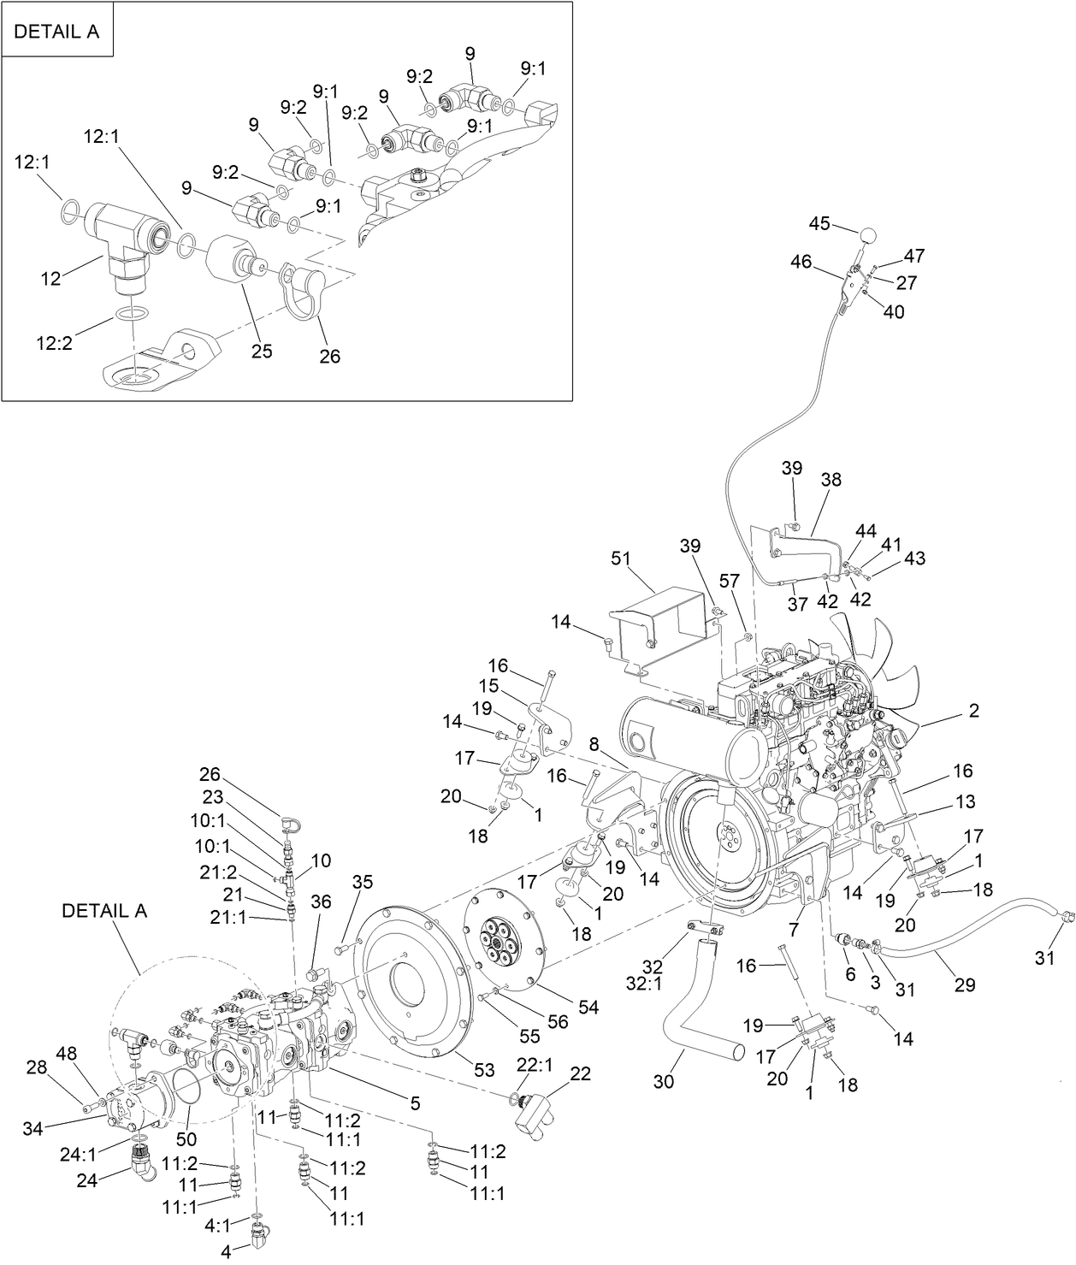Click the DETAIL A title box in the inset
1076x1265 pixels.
coord(57,32)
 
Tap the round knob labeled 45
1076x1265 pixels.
coord(868,235)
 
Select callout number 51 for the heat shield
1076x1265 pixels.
coord(620,559)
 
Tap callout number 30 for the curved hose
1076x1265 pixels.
coord(664,1081)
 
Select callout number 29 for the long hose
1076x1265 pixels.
coord(965,985)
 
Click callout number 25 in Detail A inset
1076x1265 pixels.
coord(262,352)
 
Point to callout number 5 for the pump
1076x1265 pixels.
coord(415,1103)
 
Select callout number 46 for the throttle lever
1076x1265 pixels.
coord(801,262)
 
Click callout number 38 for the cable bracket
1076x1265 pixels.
coord(831,480)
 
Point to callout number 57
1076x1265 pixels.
coord(729,582)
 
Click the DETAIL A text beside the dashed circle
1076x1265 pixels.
coord(104,911)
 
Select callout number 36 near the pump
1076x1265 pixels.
coord(321,901)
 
